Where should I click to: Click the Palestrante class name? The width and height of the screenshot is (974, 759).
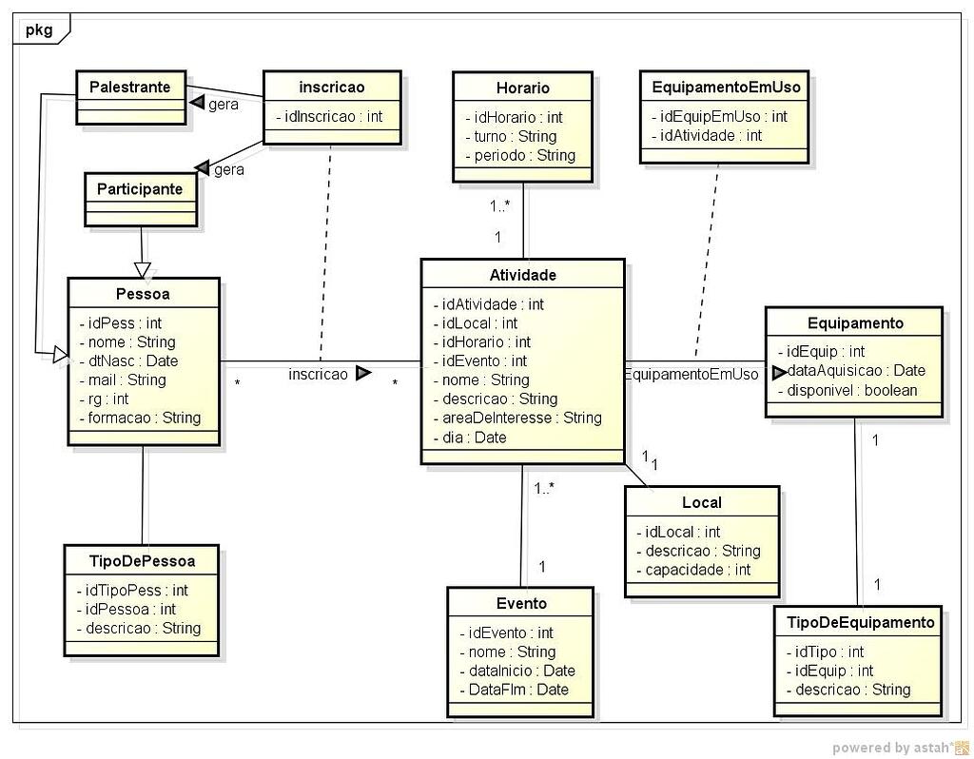[130, 88]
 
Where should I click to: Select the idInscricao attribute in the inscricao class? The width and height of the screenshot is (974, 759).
[329, 117]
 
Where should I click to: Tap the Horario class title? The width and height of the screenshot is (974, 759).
[522, 88]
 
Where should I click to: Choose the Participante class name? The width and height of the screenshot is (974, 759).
[140, 188]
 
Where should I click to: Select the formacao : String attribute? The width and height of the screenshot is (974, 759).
[139, 418]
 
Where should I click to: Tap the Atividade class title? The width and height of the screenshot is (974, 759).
[522, 275]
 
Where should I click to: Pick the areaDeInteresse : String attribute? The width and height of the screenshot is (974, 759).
[521, 418]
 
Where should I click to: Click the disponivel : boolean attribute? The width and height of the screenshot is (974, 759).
[847, 390]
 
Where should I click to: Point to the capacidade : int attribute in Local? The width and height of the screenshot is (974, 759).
[692, 570]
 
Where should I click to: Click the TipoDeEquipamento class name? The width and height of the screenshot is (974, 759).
[861, 622]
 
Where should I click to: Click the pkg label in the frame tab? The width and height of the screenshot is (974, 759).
[39, 29]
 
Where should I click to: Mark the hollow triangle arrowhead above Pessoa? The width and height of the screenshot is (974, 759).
[142, 269]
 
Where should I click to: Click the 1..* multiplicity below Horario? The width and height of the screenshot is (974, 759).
[500, 206]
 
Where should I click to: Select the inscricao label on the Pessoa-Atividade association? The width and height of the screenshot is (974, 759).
[319, 375]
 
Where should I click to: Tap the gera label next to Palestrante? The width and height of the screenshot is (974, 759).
[224, 104]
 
